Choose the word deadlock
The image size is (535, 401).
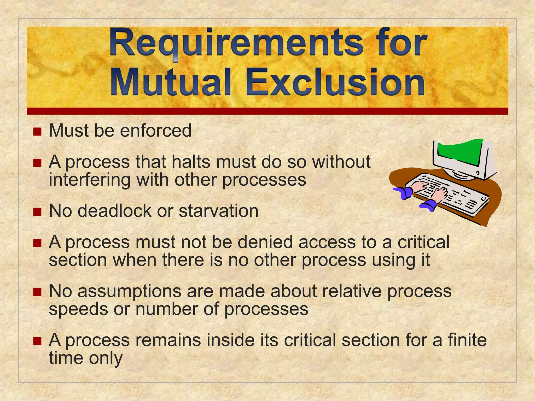(x=114, y=211)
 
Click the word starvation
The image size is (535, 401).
(x=219, y=211)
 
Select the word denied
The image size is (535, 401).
(x=265, y=242)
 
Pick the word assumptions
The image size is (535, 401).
(x=129, y=291)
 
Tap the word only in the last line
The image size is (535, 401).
(x=106, y=358)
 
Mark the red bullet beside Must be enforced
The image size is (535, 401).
(x=38, y=132)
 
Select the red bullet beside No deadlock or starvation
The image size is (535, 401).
(x=38, y=212)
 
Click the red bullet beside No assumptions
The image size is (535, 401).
(x=38, y=292)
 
